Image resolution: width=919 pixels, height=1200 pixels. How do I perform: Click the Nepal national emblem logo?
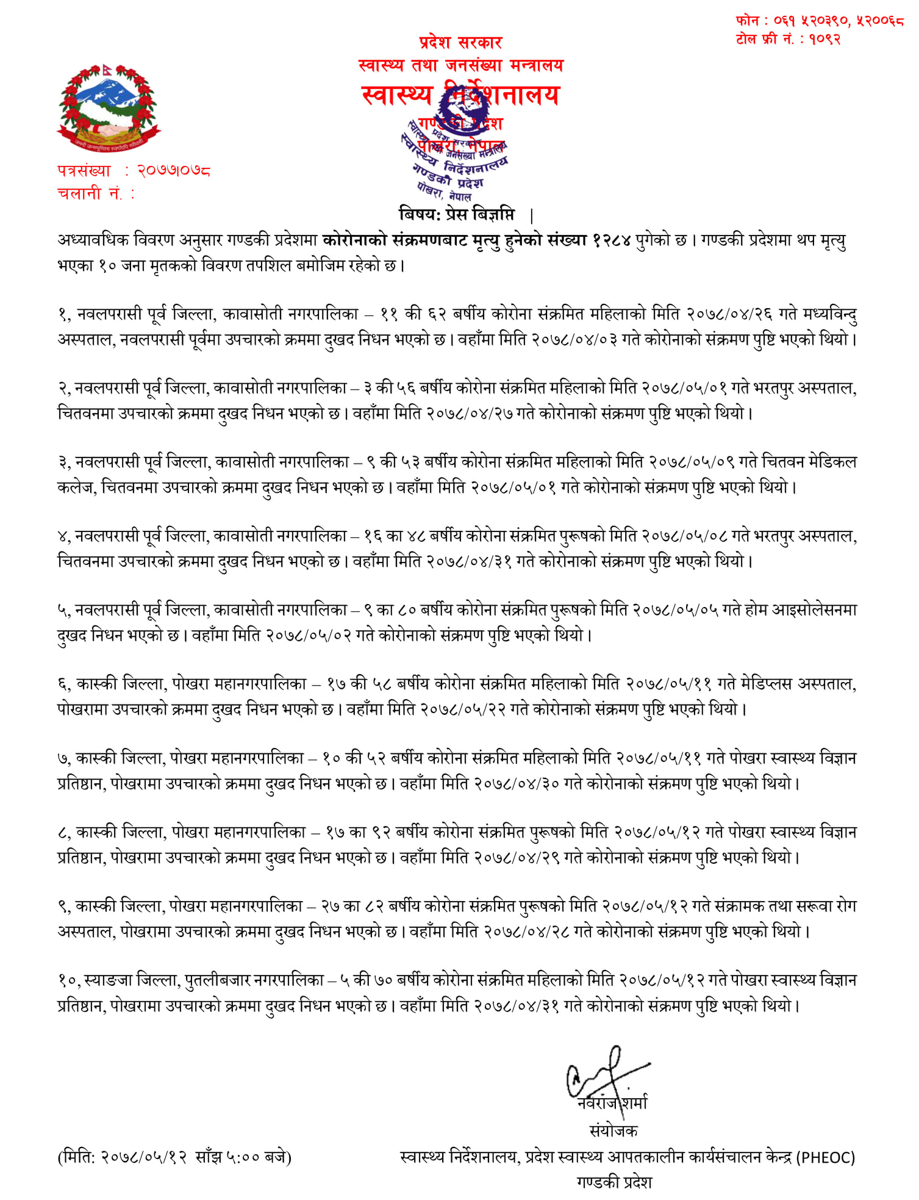108,108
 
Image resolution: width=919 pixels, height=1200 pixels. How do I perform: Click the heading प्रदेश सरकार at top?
460,43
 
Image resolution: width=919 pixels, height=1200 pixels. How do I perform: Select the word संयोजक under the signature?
613,1131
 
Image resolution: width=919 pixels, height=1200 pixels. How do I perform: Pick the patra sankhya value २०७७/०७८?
174,171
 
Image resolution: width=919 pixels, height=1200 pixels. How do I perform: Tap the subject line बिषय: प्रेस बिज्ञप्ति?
457,215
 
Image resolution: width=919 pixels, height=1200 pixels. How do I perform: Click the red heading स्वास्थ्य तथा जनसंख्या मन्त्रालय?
461,65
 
